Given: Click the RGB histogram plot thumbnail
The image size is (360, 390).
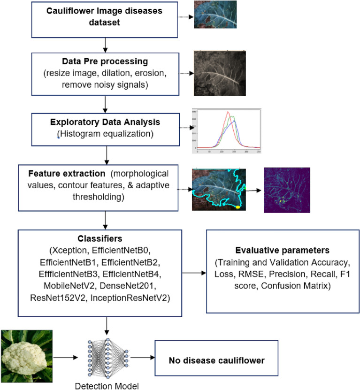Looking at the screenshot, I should click(227, 131).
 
